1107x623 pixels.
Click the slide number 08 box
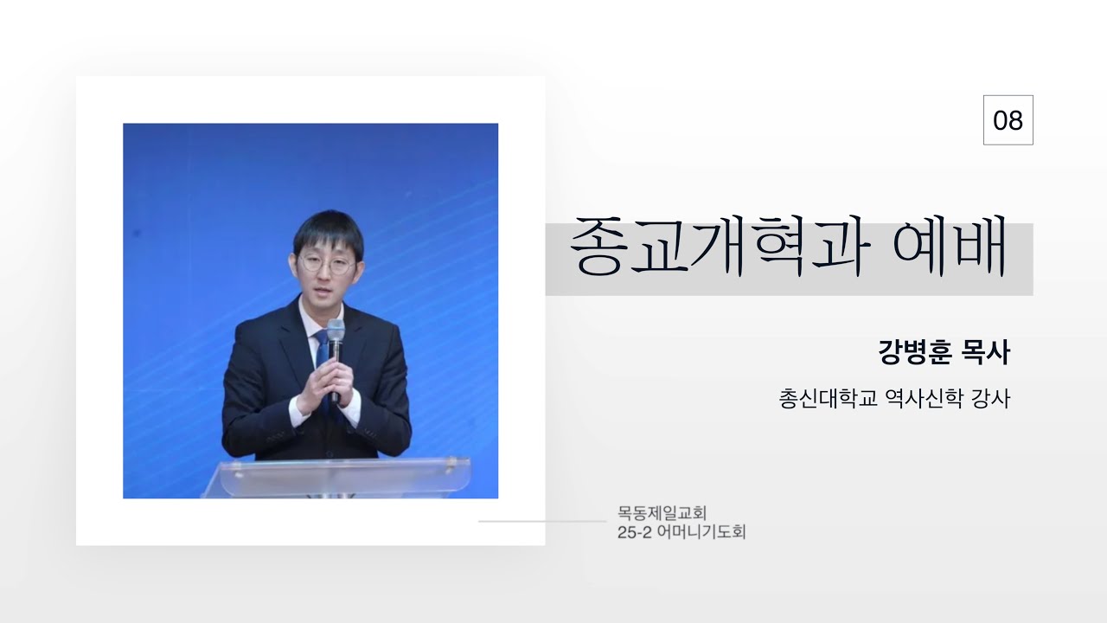coord(1008,120)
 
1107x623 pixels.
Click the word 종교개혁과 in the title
coord(719,246)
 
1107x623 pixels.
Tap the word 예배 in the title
coord(950,246)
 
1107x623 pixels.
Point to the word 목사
coord(986,352)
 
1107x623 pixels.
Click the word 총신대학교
coord(828,399)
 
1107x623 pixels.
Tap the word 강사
coord(991,399)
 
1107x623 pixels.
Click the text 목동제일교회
coord(662,513)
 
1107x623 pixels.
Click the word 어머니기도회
coord(701,532)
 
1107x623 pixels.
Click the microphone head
coord(336,331)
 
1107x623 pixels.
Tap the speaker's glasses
coord(327,264)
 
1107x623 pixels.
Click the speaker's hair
coord(329,231)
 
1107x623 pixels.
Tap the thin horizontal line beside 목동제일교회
coord(542,521)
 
